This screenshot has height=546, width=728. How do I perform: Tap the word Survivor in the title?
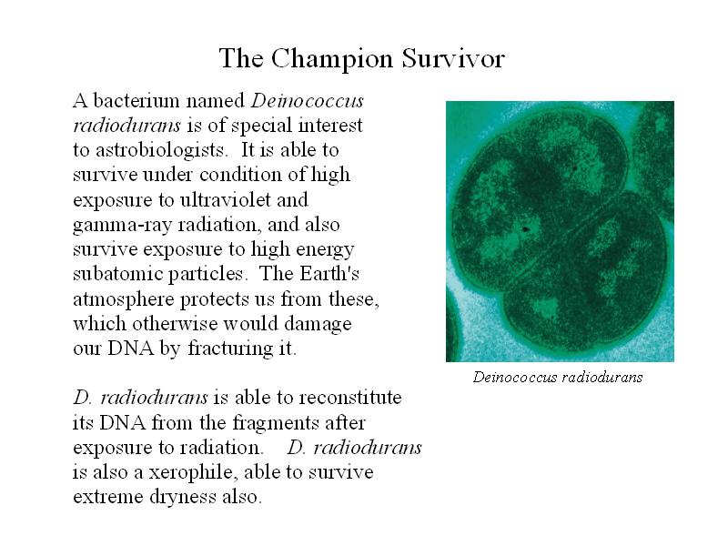[x=453, y=58]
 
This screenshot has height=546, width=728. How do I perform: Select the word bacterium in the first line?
[x=136, y=100]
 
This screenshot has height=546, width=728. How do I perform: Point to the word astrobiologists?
[x=161, y=150]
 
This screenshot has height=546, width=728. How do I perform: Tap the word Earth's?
[x=329, y=273]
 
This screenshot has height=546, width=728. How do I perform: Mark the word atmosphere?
[x=124, y=299]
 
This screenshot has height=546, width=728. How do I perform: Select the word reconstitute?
[x=350, y=398]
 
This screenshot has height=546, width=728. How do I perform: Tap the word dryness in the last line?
[x=183, y=497]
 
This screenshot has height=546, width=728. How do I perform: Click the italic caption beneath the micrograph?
[x=558, y=377]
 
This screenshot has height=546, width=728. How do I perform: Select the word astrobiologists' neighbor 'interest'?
[x=330, y=126]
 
